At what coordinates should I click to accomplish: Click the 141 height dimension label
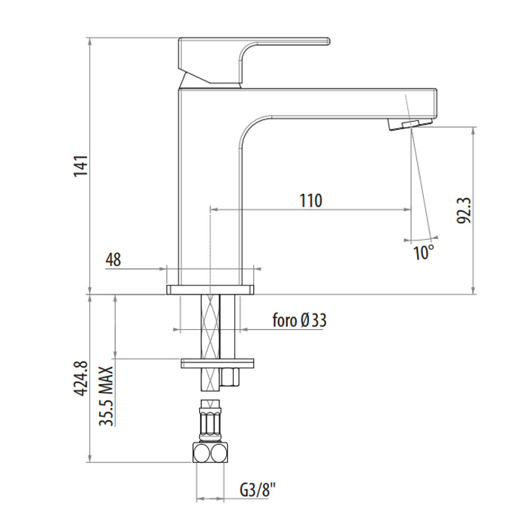(x=81, y=166)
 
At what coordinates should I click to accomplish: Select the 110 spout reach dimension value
(x=310, y=201)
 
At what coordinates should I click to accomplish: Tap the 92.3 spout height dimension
(x=464, y=210)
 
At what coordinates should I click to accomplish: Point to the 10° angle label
(x=424, y=252)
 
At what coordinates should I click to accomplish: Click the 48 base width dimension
(x=113, y=259)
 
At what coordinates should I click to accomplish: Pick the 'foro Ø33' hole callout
(x=299, y=320)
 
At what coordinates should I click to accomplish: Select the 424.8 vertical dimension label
(x=81, y=379)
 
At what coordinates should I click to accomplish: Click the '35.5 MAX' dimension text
(x=107, y=396)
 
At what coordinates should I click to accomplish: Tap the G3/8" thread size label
(x=258, y=490)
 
